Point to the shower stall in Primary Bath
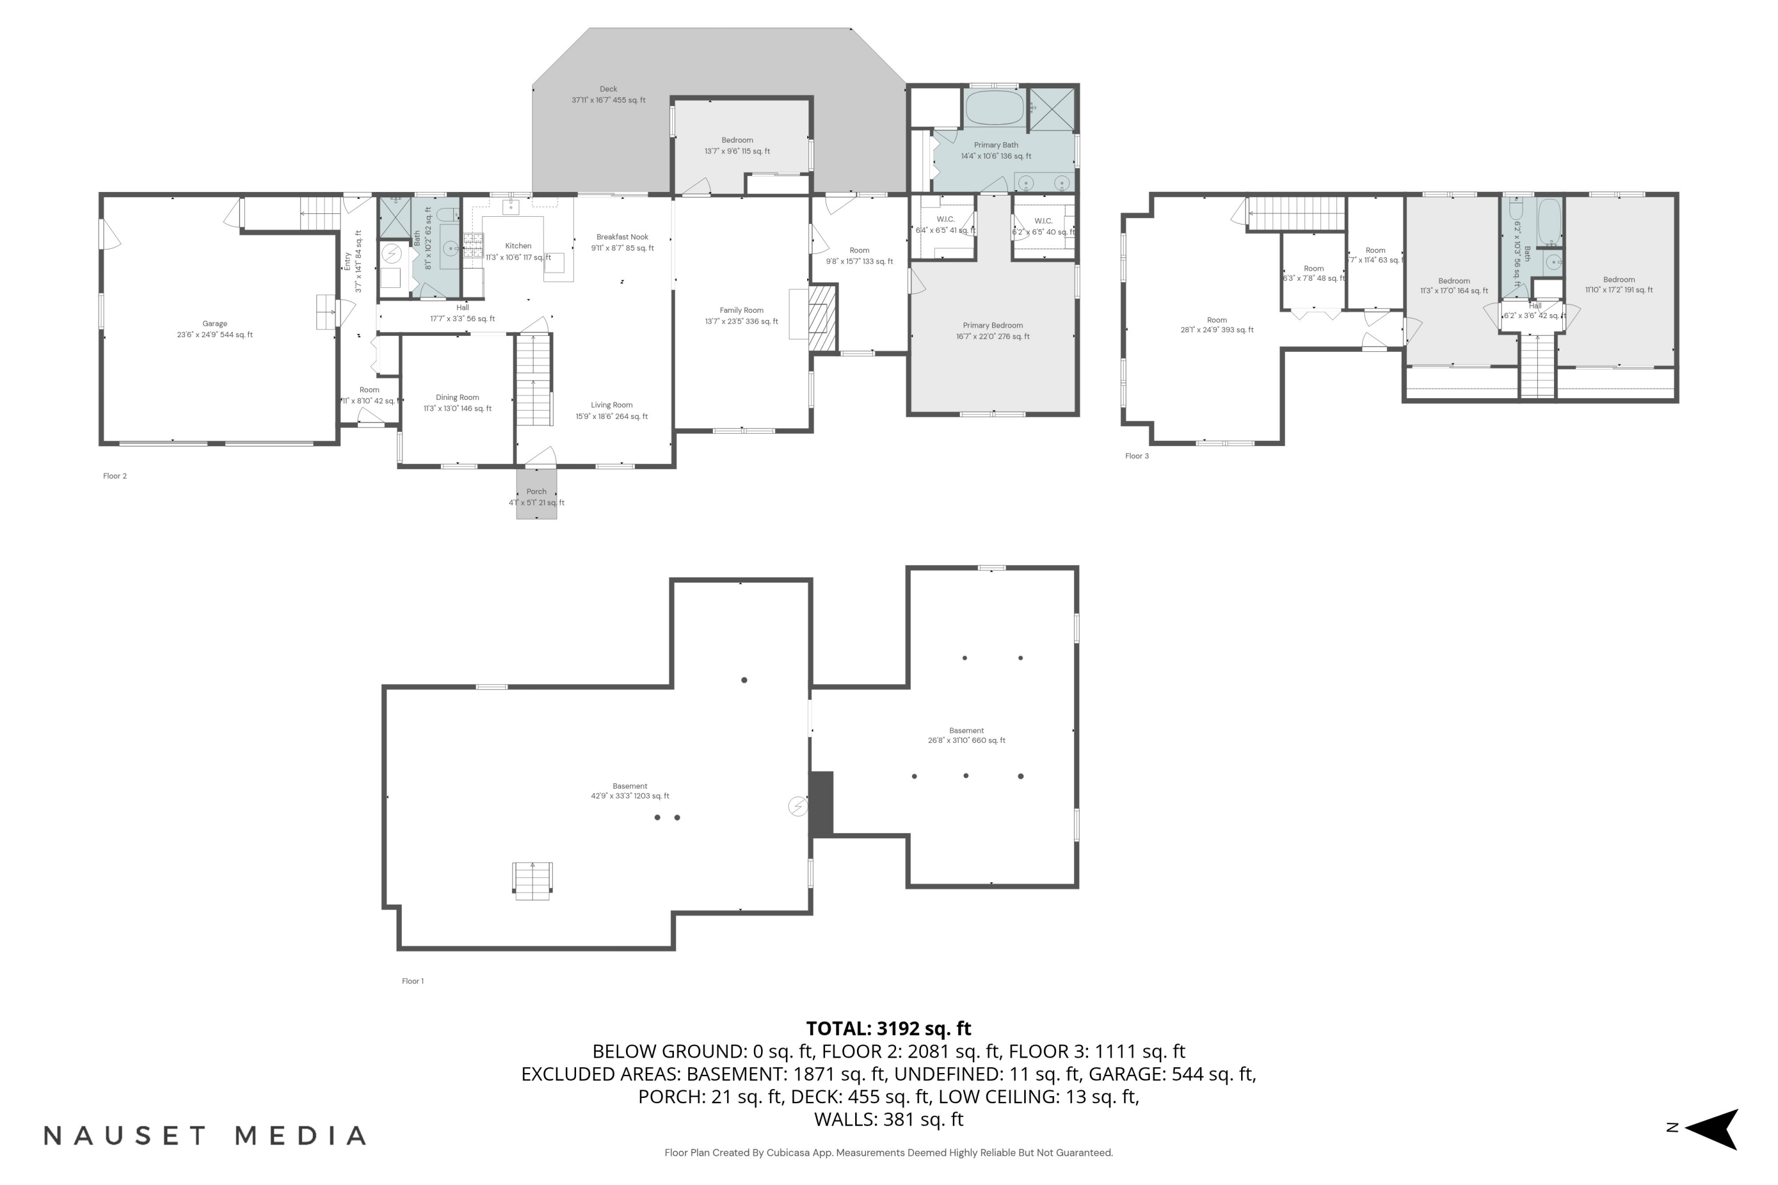pyautogui.click(x=1053, y=109)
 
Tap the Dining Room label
pyautogui.click(x=458, y=398)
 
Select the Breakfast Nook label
pyautogui.click(x=622, y=238)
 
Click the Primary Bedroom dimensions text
pyautogui.click(x=993, y=337)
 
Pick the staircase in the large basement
pyautogui.click(x=533, y=880)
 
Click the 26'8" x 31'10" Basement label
pyautogui.click(x=966, y=736)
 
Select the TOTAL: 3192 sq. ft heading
pyautogui.click(x=888, y=1029)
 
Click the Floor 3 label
pyautogui.click(x=1136, y=456)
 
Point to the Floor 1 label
pyautogui.click(x=412, y=982)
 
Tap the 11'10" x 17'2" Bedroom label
pyautogui.click(x=1619, y=285)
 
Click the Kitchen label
pyautogui.click(x=519, y=246)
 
